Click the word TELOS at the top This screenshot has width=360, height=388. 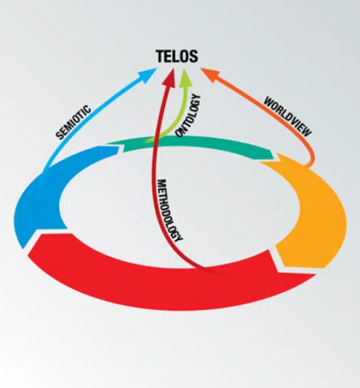click(x=177, y=56)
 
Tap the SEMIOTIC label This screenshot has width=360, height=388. click(x=73, y=122)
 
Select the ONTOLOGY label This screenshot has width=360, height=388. click(x=188, y=116)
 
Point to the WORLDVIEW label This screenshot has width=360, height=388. click(x=287, y=116)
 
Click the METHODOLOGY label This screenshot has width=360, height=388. click(x=170, y=210)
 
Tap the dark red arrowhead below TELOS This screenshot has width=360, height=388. click(x=169, y=78)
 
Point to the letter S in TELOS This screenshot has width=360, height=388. click(x=194, y=56)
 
